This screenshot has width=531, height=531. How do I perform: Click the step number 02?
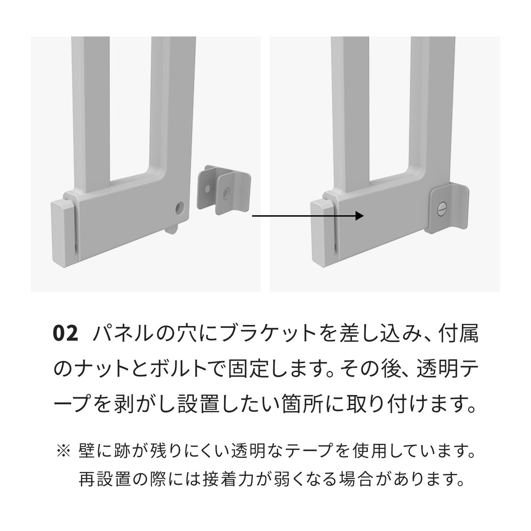click(x=65, y=334)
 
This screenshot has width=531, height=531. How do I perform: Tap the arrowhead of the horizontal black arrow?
click(x=359, y=216)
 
